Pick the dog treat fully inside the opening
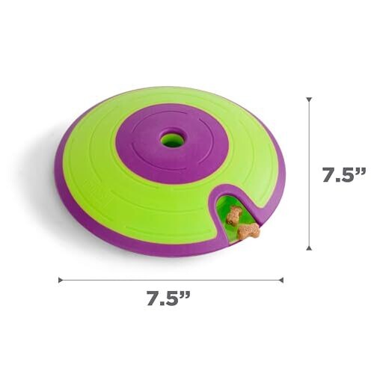click(x=233, y=214)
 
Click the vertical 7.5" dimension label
click(x=344, y=174)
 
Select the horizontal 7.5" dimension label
click(x=168, y=298)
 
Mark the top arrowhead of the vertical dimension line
click(x=309, y=99)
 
